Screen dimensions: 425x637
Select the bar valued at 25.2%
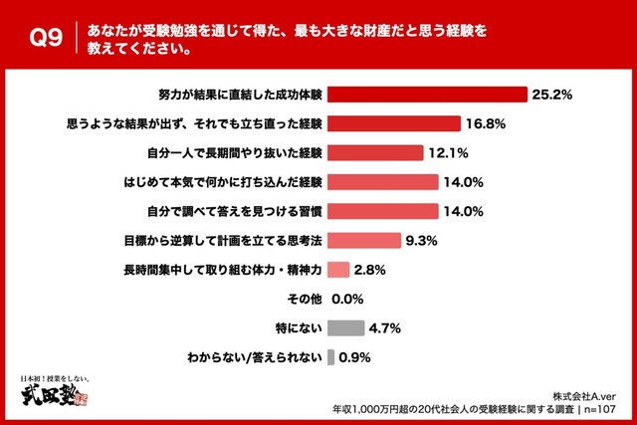point(426,95)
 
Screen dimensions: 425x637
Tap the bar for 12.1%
point(381,153)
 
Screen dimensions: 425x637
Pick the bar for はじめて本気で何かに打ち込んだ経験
point(382,182)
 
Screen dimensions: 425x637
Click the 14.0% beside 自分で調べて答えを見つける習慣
point(463,211)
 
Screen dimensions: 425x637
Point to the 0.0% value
point(346,298)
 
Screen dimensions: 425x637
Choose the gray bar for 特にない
point(345,327)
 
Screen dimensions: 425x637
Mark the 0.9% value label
point(355,356)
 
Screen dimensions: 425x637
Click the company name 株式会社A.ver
point(588,394)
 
